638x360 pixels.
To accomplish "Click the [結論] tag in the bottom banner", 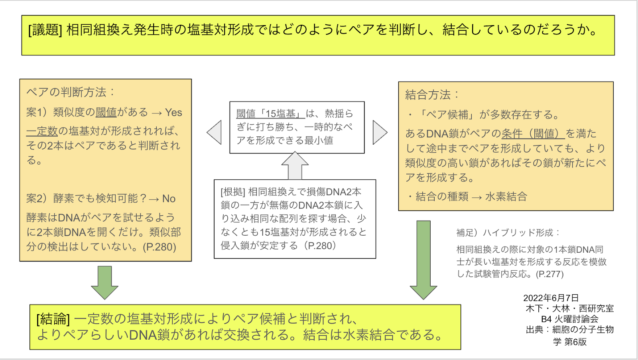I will pyautogui.click(x=53, y=319).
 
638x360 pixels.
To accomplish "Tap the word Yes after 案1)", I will pyautogui.click(x=173, y=112).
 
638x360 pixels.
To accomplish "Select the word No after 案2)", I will pyautogui.click(x=169, y=199).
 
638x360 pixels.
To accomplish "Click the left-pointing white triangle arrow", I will pyautogui.click(x=215, y=132).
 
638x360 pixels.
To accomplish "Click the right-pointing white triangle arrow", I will pyautogui.click(x=380, y=132).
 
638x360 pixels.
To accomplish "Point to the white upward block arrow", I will pyautogui.click(x=295, y=166).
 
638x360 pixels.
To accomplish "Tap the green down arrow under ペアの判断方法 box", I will pyautogui.click(x=104, y=282).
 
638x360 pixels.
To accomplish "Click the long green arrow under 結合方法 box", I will pyautogui.click(x=423, y=259).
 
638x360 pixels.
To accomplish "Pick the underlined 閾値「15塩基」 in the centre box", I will pyautogui.click(x=270, y=114).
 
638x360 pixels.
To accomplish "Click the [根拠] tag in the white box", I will pyautogui.click(x=233, y=192).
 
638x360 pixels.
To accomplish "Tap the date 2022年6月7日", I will pyautogui.click(x=551, y=298).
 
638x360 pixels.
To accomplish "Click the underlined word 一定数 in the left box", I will pyautogui.click(x=42, y=131).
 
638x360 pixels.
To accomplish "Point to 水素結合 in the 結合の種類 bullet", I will pyautogui.click(x=506, y=197).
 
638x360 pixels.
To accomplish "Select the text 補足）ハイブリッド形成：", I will pyautogui.click(x=508, y=232).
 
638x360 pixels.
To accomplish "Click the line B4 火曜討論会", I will pyautogui.click(x=569, y=319).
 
